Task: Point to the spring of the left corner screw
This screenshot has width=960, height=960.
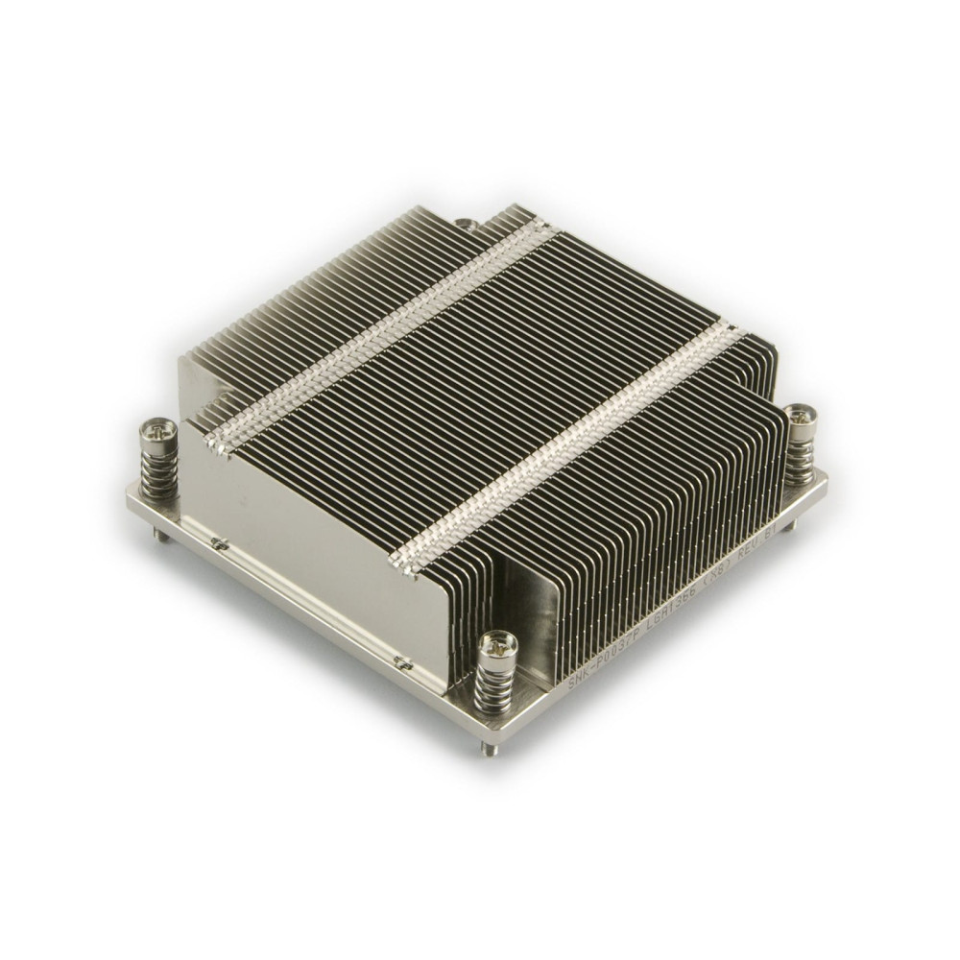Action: coord(161,470)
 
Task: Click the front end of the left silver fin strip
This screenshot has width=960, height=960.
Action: coord(213,444)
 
